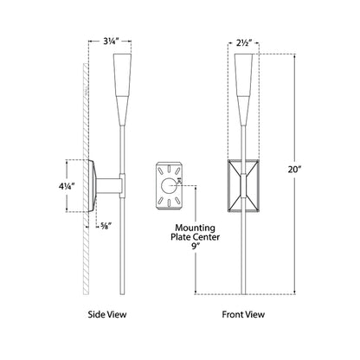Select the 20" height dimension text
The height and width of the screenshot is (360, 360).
[x=294, y=170]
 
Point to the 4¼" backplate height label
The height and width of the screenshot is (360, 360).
[x=67, y=186]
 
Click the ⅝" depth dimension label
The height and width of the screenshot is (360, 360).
[x=106, y=226]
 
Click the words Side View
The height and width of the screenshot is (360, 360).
[x=107, y=314]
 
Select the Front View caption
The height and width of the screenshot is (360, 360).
[x=243, y=314]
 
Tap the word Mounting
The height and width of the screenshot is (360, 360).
[x=195, y=228]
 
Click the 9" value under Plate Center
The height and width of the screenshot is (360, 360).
[x=196, y=247]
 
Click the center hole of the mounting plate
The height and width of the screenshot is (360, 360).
[x=169, y=186]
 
